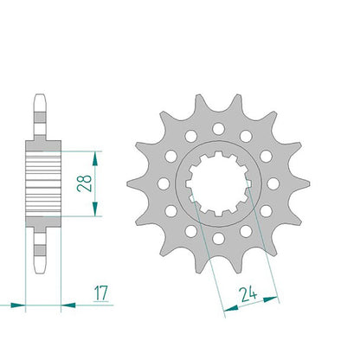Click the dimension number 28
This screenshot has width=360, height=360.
click(x=84, y=183)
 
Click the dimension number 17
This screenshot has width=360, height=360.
click(x=101, y=293)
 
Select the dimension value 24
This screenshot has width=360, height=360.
click(x=249, y=294)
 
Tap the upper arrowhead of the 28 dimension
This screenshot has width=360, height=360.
click(x=95, y=158)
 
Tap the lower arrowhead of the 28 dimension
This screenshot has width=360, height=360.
click(x=95, y=209)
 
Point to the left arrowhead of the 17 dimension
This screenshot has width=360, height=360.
click(x=18, y=305)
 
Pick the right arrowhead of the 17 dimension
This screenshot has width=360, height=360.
click(x=68, y=305)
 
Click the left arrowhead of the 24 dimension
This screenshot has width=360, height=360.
click(x=231, y=309)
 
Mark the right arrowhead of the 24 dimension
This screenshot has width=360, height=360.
click(x=271, y=299)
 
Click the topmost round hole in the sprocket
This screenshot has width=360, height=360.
click(x=218, y=129)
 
